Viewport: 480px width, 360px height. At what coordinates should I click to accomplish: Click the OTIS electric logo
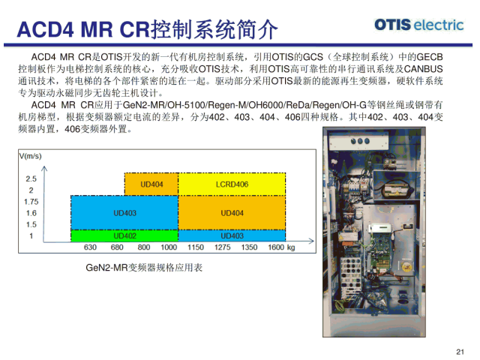click(418, 25)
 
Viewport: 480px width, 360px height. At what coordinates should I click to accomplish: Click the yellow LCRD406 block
click(232, 184)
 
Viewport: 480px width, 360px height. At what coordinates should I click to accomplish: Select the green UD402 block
click(124, 235)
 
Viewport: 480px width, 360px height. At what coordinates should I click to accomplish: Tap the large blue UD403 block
click(124, 213)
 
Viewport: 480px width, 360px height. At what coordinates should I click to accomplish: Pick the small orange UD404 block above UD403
click(151, 184)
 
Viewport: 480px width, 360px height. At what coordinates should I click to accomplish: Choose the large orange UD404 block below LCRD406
click(232, 213)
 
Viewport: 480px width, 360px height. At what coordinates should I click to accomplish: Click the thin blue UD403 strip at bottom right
click(232, 235)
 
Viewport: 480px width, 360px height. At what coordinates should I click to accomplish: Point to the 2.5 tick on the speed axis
click(31, 178)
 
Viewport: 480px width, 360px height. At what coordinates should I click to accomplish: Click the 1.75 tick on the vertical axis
click(31, 202)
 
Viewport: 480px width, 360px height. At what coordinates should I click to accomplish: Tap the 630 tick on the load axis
click(90, 247)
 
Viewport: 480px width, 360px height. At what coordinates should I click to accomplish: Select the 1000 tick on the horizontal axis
click(169, 247)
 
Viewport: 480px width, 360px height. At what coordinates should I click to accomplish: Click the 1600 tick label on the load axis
click(276, 247)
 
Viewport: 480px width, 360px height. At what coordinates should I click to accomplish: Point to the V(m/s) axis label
click(30, 156)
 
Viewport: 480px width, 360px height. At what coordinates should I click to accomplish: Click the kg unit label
click(291, 247)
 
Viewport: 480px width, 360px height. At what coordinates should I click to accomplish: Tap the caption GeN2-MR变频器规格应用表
click(144, 268)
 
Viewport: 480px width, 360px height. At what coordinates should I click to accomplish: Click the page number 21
click(460, 352)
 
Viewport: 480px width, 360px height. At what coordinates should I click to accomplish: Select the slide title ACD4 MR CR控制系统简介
click(147, 29)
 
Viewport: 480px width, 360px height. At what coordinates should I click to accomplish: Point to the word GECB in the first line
click(430, 57)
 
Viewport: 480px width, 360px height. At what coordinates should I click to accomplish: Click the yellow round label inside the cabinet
click(406, 266)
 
